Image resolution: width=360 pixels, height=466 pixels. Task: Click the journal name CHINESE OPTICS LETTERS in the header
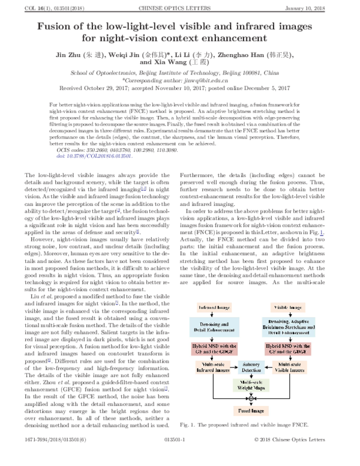tap(181, 7)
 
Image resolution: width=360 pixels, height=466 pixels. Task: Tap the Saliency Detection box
tap(252, 366)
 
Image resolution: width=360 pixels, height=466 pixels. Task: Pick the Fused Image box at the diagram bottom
tap(252, 411)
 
